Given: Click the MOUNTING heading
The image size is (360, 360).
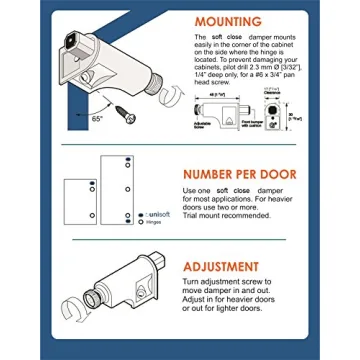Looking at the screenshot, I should (229, 22).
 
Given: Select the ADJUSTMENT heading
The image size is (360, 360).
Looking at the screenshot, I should (236, 268).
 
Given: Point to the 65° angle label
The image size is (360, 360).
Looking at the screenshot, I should (96, 118).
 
